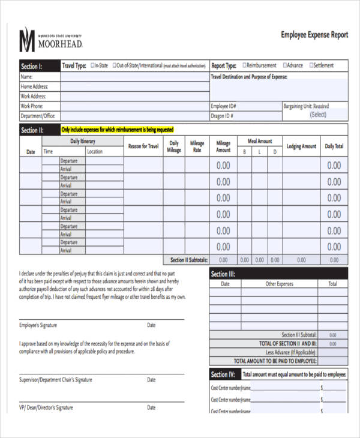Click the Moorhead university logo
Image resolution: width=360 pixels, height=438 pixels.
tap(51, 40)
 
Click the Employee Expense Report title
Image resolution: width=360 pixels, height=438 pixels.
tap(314, 35)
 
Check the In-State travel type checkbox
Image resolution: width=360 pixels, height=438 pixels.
tap(92, 65)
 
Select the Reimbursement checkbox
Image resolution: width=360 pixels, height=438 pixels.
tap(244, 65)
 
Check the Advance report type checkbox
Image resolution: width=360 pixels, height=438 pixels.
tap(285, 65)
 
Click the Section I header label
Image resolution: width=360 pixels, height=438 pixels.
tap(32, 67)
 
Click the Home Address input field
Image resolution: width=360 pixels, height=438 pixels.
tap(134, 86)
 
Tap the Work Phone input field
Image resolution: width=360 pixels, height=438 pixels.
tap(134, 106)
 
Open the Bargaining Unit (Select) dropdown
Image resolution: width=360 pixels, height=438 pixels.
tap(317, 115)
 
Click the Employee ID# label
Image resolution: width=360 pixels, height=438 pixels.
tap(223, 106)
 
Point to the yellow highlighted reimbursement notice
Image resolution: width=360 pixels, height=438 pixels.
tap(117, 130)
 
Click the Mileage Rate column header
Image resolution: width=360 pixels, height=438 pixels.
tap(197, 147)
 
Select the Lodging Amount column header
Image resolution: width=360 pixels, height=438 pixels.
tap(301, 146)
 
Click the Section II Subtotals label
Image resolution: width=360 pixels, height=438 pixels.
tap(189, 260)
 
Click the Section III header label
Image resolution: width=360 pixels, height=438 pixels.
tap(223, 274)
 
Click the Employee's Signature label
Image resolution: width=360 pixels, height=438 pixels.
tap(38, 325)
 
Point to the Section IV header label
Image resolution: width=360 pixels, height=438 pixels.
tap(223, 374)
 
